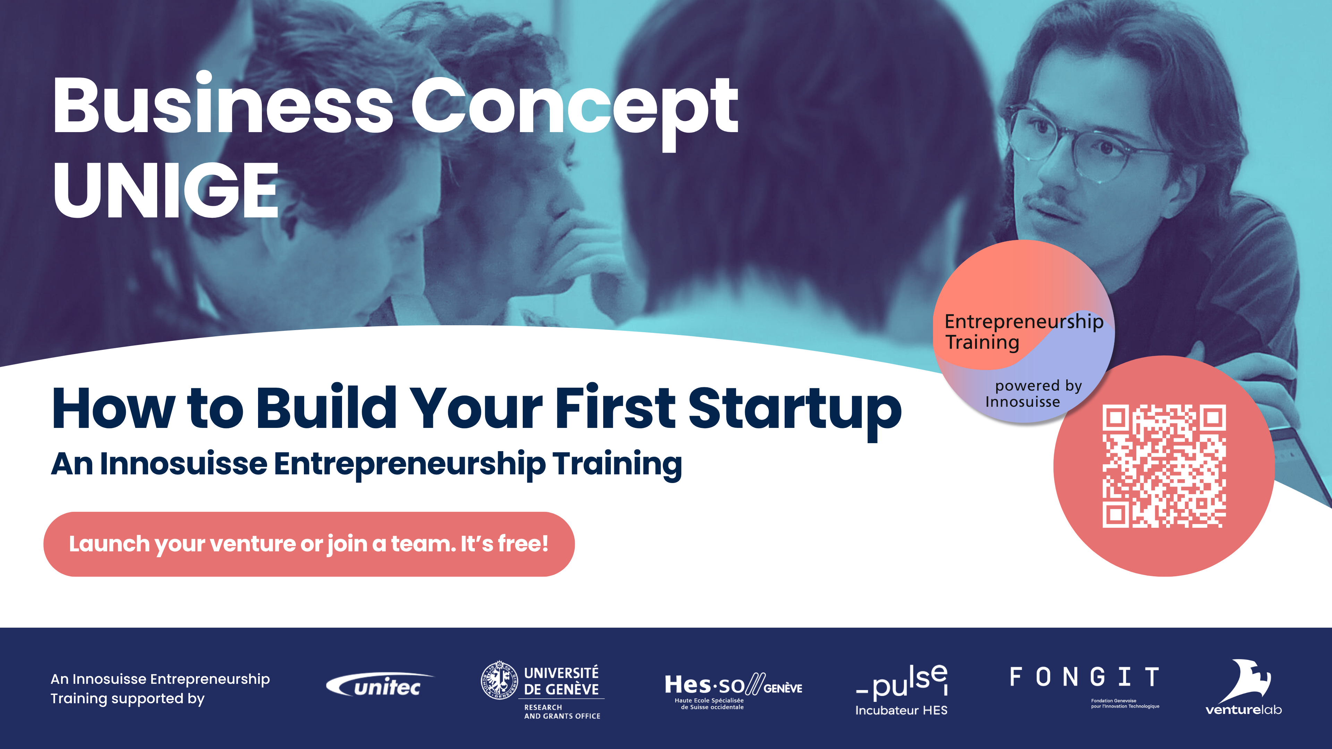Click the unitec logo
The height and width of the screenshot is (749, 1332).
tap(381, 685)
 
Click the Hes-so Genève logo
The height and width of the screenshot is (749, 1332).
tap(733, 691)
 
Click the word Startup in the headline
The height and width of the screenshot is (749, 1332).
tap(795, 410)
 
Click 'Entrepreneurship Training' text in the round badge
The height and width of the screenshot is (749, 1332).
tap(1024, 332)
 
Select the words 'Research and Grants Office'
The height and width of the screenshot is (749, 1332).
tap(562, 711)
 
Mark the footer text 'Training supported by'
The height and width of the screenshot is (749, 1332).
tap(128, 698)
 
